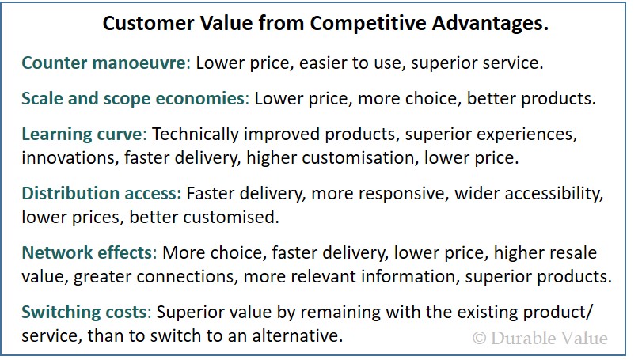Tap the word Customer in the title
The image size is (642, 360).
click(x=147, y=23)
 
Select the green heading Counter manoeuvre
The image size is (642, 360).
click(x=105, y=63)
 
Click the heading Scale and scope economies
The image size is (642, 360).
click(x=135, y=99)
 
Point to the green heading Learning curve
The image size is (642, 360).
click(x=84, y=135)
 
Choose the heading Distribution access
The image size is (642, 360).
click(x=101, y=194)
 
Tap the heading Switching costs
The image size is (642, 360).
click(x=86, y=313)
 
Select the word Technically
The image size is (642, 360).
click(x=196, y=135)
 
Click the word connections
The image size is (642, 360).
click(x=187, y=277)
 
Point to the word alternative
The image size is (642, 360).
click(x=298, y=335)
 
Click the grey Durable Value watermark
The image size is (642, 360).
click(x=540, y=339)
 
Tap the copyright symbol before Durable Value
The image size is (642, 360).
click(x=479, y=339)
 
